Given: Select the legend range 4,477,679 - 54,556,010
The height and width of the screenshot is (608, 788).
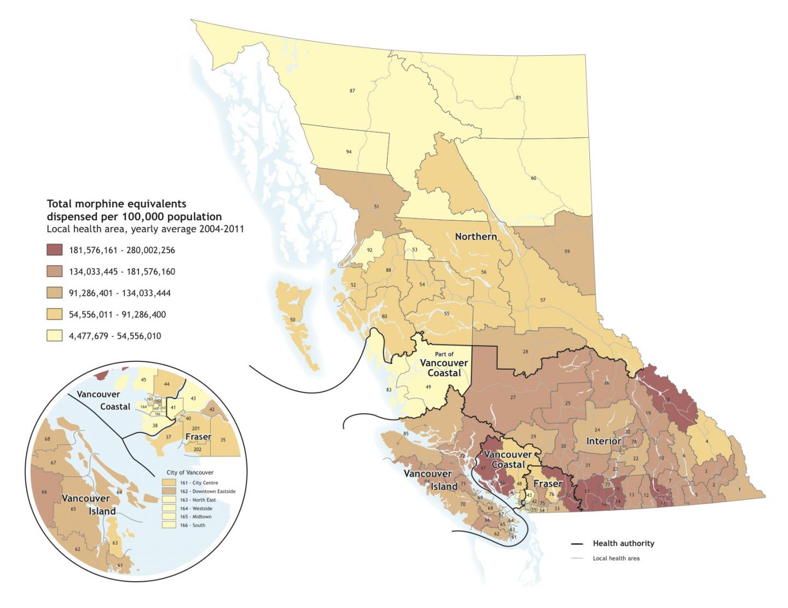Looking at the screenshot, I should tap(114, 336).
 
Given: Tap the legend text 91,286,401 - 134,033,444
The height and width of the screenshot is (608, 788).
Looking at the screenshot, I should tap(119, 293).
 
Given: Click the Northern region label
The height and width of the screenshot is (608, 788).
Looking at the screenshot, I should tap(476, 236).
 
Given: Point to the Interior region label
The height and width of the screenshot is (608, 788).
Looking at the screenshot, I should tap(604, 441).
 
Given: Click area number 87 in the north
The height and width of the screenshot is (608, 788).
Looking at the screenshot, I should tap(352, 91).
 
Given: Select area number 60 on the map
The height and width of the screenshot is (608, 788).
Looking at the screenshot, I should tap(533, 178).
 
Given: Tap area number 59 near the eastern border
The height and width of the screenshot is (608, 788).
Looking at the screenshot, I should tap(567, 252).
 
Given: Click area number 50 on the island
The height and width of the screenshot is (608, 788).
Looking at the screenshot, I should tap(292, 319).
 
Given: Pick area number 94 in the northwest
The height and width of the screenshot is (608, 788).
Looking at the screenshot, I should tap(349, 152).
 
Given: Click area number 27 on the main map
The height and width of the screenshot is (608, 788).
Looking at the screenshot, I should tap(513, 397).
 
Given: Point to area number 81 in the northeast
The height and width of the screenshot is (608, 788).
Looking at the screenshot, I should tap(518, 98).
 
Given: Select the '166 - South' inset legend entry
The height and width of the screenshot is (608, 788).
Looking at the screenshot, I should tap(192, 525).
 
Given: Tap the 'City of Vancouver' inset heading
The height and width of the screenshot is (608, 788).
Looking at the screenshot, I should tap(190, 472).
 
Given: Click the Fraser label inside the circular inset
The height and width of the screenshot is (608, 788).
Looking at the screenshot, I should tap(198, 436).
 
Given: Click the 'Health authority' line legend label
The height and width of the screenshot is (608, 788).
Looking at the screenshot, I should tap(623, 543).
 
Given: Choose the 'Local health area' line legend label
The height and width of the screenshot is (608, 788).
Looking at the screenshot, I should tap(616, 558).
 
